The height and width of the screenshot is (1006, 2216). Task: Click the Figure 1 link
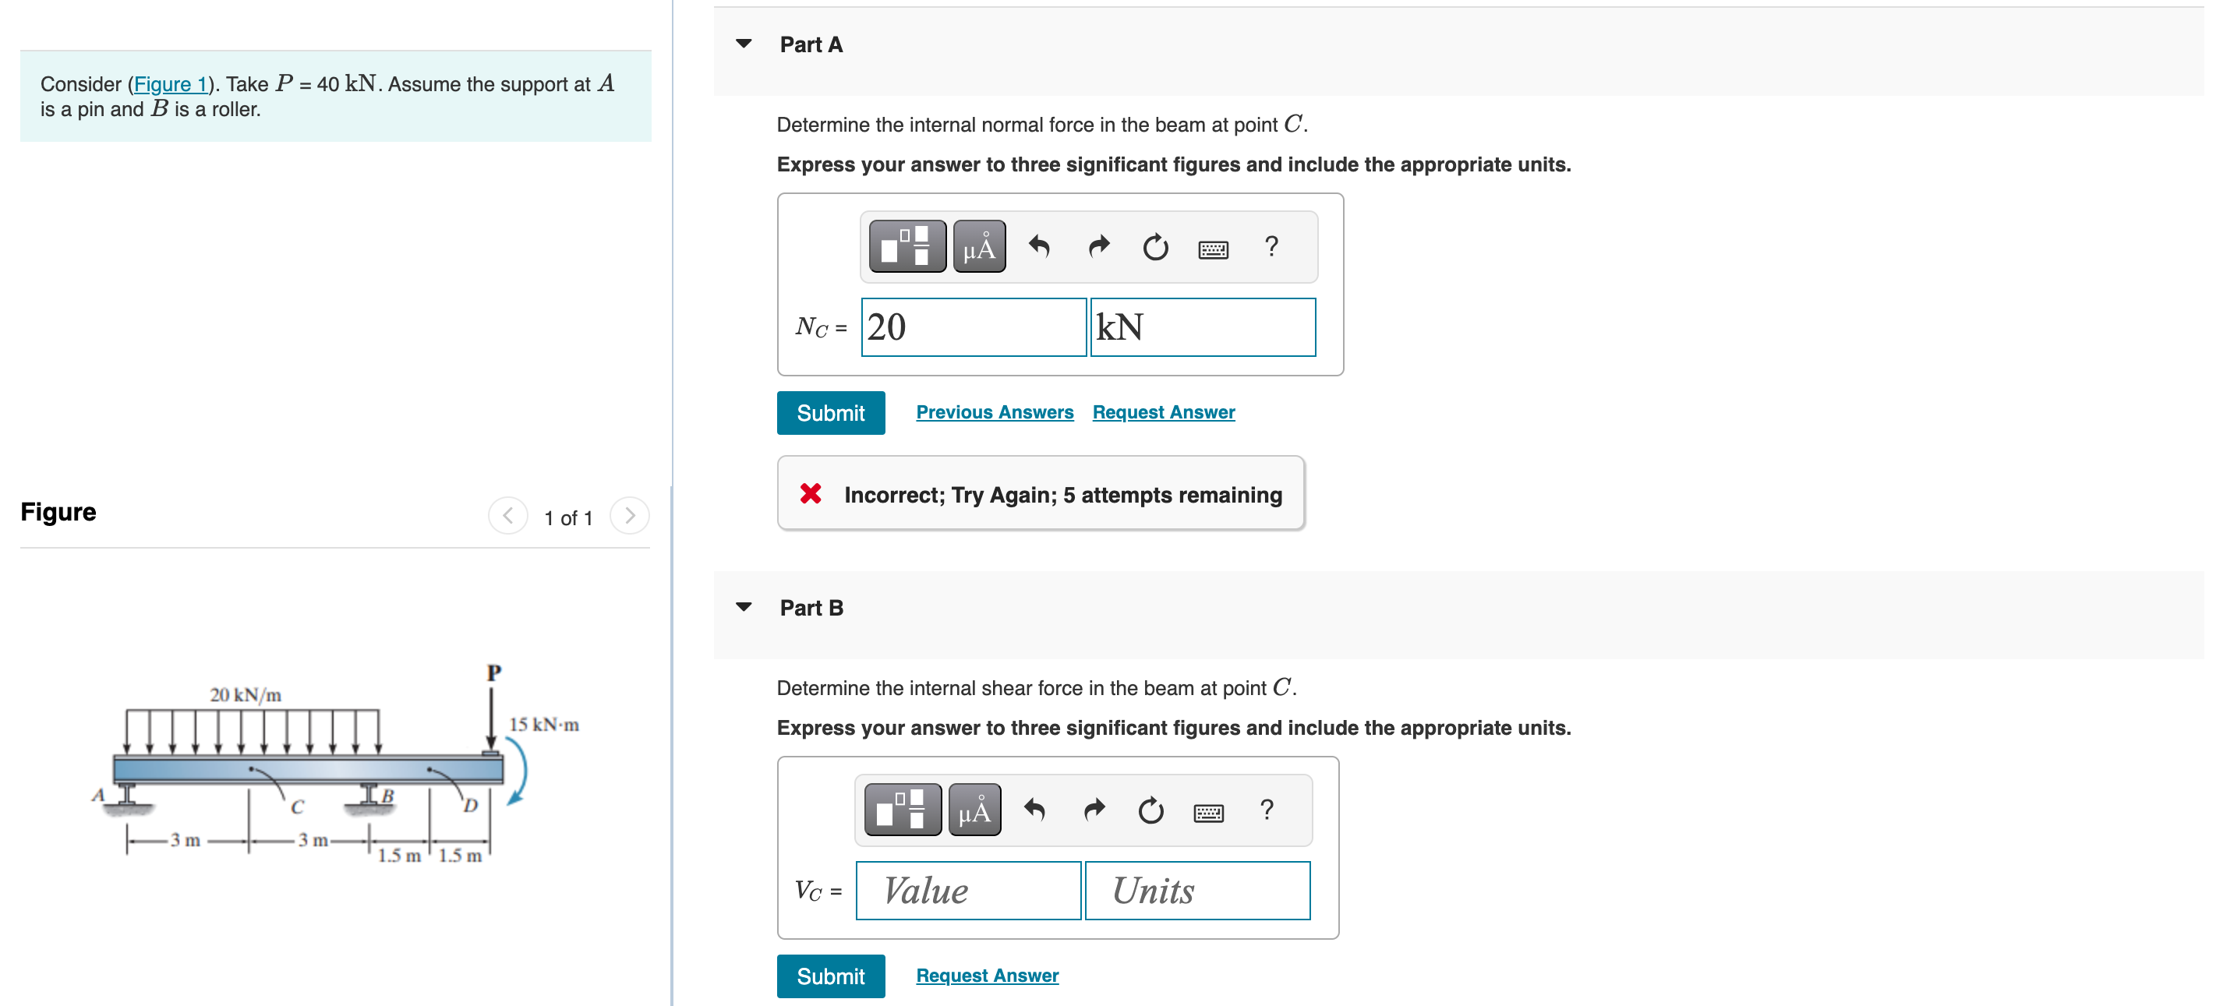(x=171, y=84)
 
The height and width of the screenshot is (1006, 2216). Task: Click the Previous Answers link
(x=994, y=413)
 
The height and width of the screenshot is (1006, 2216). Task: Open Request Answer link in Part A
(x=1163, y=413)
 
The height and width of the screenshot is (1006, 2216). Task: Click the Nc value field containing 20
(x=973, y=327)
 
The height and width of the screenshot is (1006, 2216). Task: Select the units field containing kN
(x=1202, y=327)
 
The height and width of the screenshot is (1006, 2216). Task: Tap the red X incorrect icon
(x=810, y=493)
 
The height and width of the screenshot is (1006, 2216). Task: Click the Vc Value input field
(x=968, y=891)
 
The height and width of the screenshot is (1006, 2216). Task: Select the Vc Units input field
(x=1196, y=891)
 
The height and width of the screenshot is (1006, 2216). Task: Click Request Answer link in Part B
(x=987, y=976)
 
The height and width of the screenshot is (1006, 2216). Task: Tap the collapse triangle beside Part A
(x=744, y=44)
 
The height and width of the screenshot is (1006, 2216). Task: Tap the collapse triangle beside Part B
(x=744, y=607)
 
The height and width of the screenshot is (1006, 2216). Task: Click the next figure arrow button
(x=630, y=516)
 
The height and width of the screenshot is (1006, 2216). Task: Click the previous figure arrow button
(x=507, y=516)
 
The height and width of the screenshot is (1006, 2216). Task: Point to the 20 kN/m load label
(x=246, y=695)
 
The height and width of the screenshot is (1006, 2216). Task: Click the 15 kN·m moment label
(x=544, y=725)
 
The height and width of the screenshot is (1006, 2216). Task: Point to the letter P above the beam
(x=493, y=672)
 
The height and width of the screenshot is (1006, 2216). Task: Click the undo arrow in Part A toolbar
(x=1039, y=248)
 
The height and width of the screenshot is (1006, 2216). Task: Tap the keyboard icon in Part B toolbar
(x=1208, y=813)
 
